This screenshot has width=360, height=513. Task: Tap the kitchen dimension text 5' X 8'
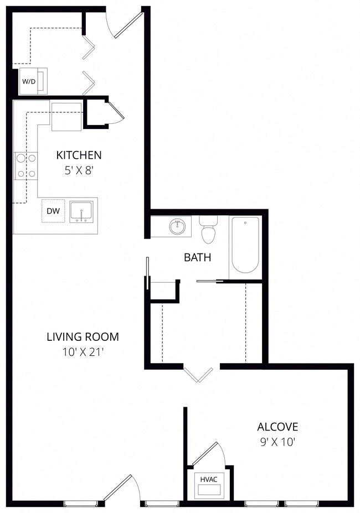pos(78,170)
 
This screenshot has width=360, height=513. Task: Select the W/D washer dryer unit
pos(31,81)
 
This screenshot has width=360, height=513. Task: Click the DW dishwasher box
pos(53,211)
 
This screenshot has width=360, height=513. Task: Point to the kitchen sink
pos(82,211)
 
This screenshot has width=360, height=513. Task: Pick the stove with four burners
pos(27,165)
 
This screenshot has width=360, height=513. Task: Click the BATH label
pos(197,257)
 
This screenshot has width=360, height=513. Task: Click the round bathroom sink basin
pos(178,226)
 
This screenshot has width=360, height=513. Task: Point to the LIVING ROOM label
pos(83,336)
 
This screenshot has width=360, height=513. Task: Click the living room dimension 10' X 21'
pos(83,352)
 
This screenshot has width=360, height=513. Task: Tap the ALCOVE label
pos(277,427)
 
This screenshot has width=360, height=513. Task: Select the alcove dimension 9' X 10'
pos(277,442)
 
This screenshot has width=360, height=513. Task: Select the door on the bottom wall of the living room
pos(120,489)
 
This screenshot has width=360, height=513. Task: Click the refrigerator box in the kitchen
pos(67,117)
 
